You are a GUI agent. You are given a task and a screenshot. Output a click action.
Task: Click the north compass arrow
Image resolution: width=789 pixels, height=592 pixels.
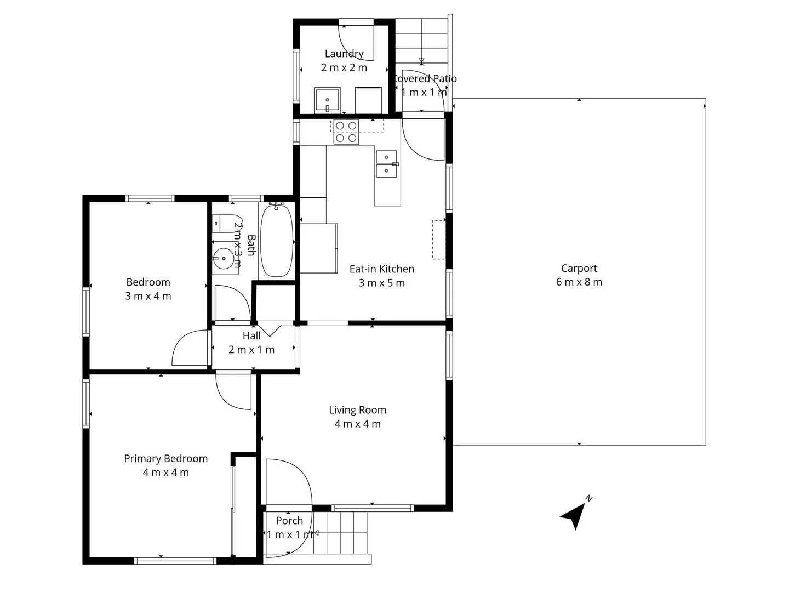click(573, 515)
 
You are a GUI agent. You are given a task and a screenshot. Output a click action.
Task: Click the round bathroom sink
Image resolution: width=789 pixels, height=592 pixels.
click(224, 258)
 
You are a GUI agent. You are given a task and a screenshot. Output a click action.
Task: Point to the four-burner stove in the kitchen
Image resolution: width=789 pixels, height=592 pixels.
click(346, 132)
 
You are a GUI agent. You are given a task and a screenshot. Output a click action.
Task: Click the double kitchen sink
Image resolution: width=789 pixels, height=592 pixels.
click(386, 164)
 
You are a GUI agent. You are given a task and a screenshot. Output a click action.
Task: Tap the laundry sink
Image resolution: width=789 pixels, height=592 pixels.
click(328, 100)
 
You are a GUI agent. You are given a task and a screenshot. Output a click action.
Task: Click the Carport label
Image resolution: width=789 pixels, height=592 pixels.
click(579, 268)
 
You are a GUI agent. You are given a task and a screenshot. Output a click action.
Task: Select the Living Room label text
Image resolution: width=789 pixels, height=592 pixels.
click(357, 409)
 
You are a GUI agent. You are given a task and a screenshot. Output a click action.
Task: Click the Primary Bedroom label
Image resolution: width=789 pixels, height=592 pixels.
click(165, 458)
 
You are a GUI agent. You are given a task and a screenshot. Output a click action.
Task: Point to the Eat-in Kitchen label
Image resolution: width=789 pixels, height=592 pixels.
click(381, 269)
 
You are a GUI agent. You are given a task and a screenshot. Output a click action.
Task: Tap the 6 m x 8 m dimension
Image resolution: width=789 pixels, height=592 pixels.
click(579, 282)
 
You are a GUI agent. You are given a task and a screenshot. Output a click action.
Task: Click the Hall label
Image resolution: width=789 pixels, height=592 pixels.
click(251, 335)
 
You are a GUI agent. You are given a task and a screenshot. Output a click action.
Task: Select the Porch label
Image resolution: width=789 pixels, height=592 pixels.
click(289, 520)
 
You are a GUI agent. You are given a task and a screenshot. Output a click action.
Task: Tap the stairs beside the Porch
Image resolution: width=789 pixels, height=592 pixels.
click(340, 533)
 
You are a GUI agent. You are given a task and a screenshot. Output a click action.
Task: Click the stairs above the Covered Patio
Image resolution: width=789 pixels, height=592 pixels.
click(421, 41)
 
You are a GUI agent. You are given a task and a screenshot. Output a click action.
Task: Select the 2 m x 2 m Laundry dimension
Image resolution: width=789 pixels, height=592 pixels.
click(344, 67)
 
